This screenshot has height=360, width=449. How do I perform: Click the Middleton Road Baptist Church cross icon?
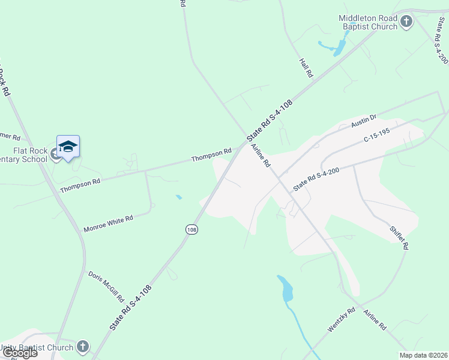pyautogui.click(x=406, y=22)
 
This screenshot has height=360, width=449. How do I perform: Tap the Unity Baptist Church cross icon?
pyautogui.click(x=83, y=347)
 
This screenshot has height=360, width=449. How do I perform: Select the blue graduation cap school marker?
pyautogui.click(x=68, y=147)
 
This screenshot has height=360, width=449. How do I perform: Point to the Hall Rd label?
pyautogui.click(x=306, y=67)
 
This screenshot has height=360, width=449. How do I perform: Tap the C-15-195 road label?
pyautogui.click(x=377, y=136)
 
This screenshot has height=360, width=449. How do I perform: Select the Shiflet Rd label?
pyautogui.click(x=399, y=238)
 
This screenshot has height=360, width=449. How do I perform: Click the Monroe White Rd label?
pyautogui.click(x=108, y=224)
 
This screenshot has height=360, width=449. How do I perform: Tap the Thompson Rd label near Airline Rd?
pyautogui.click(x=211, y=155)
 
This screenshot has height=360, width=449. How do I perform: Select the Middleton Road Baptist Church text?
pyautogui.click(x=368, y=22)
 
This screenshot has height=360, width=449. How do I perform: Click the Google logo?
pyautogui.click(x=19, y=353)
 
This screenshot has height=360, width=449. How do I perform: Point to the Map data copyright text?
pyautogui.click(x=423, y=355)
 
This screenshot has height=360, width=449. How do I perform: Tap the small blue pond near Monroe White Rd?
pyautogui.click(x=179, y=197)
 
